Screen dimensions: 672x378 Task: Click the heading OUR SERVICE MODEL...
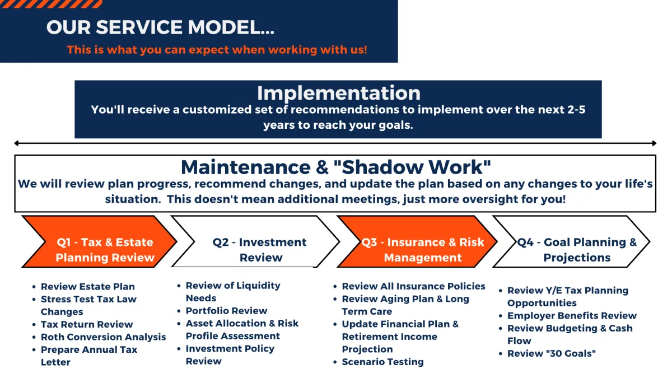coord(160,27)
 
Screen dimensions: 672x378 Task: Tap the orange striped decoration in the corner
coord(51,4)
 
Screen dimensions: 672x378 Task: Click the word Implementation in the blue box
coord(339,93)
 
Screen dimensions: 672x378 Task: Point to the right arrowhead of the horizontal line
coord(654,143)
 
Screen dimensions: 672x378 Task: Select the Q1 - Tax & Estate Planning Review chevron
coord(99,241)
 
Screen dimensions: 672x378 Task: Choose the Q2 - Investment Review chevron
coord(255,241)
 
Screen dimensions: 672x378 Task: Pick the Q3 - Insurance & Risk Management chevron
coord(417,241)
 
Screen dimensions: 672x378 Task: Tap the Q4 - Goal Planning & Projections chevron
coord(571,241)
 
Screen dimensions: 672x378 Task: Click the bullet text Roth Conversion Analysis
coord(103,337)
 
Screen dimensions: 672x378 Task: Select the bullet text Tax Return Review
coord(87,324)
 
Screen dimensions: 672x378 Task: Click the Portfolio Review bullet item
coord(226,310)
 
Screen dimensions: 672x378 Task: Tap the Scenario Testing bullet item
coord(382,362)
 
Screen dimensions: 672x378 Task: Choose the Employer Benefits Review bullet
coord(572,316)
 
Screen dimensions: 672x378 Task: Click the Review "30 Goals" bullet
coord(552,353)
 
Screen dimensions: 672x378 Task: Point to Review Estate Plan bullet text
coord(87,287)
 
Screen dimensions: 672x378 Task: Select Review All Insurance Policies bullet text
coord(413,286)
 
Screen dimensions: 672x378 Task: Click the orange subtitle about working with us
coord(217,49)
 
